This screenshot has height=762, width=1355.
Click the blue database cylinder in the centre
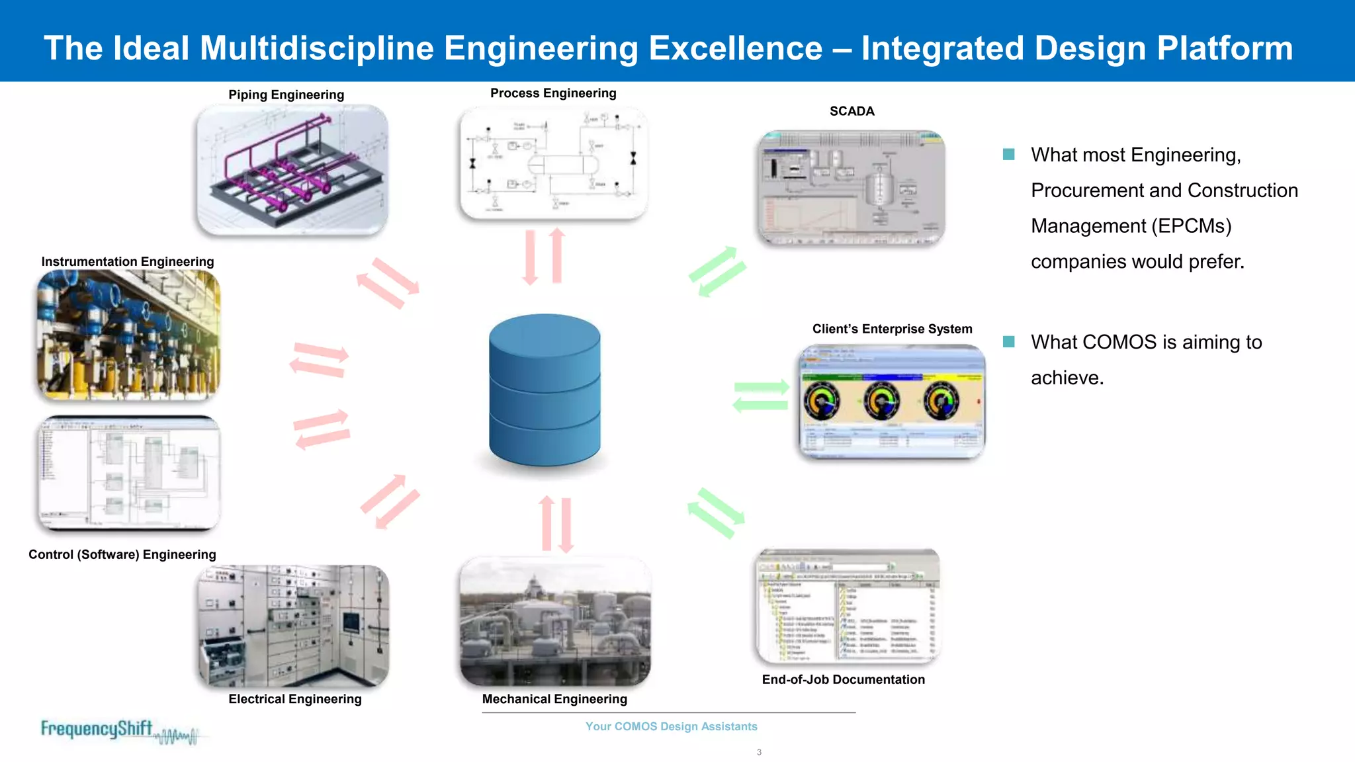545,390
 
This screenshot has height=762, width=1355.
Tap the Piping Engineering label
286,95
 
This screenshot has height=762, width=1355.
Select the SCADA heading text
852,111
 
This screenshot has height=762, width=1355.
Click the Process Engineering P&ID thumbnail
553,163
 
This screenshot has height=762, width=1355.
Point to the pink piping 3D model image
292,169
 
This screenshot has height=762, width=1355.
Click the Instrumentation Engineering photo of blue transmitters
128,335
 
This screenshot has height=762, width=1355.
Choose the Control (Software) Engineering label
122,554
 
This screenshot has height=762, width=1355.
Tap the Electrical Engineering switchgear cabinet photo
293,626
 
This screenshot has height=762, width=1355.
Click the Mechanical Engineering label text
554,699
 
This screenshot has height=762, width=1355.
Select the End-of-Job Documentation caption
843,679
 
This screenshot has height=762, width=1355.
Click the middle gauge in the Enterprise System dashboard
881,401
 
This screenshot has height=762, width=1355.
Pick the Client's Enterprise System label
892,329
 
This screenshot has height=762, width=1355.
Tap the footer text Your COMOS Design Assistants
671,726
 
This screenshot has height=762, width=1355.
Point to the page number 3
759,752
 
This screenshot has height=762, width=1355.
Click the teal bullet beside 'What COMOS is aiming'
1008,342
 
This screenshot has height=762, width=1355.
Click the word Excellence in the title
735,48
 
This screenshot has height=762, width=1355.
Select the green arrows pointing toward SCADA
717,271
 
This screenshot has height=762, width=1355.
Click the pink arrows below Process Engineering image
543,257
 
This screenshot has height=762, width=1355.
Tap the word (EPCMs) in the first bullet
1191,226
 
